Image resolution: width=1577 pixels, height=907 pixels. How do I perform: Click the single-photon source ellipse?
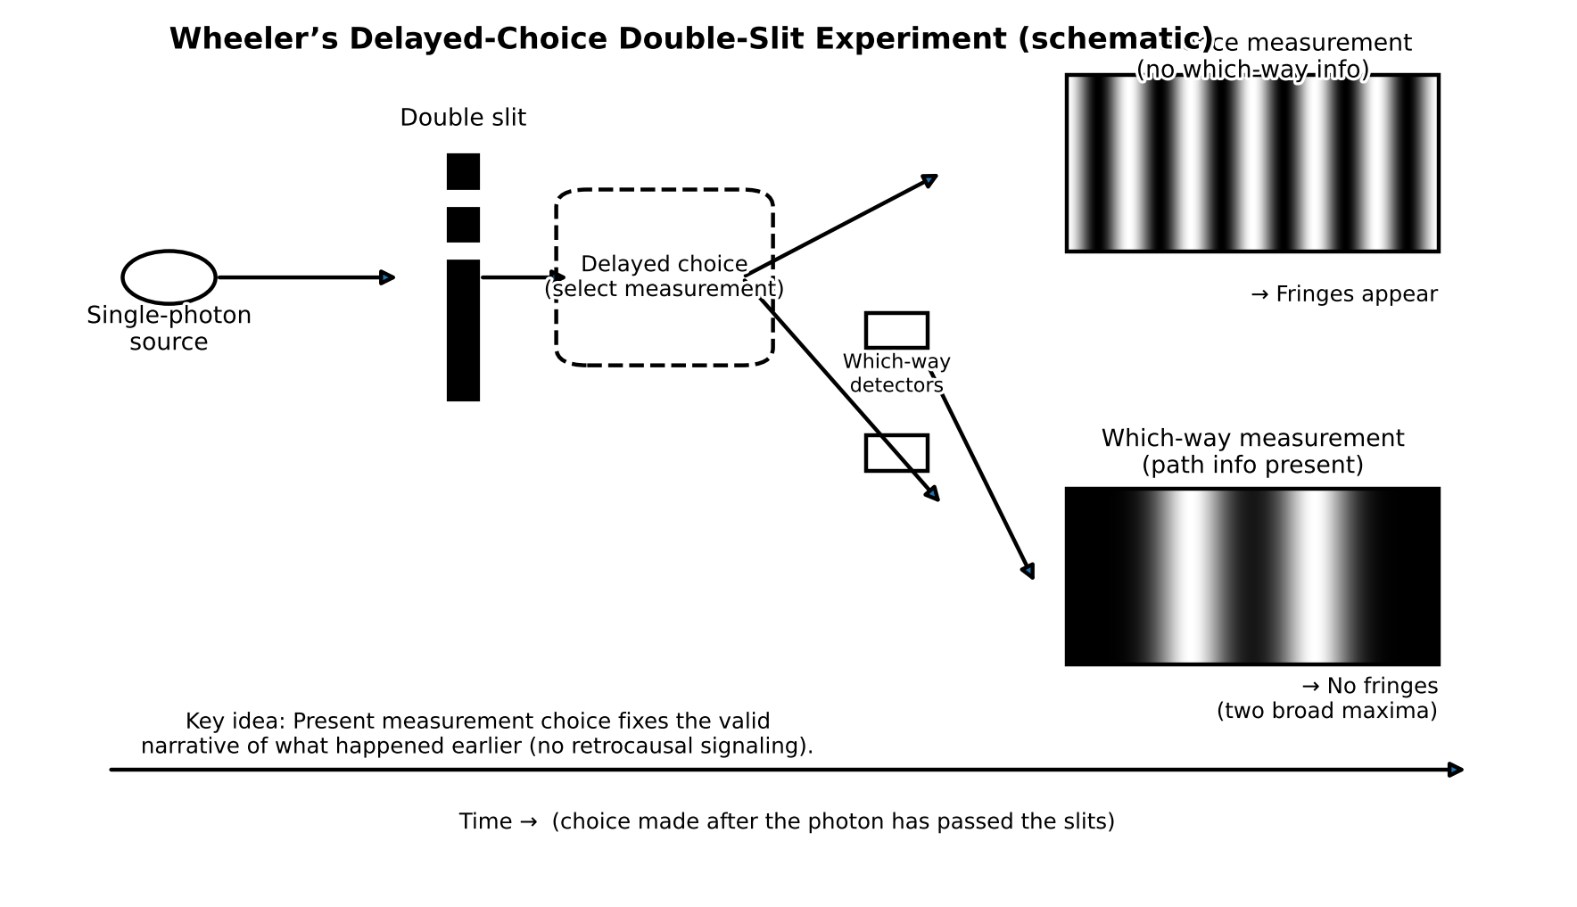pos(169,277)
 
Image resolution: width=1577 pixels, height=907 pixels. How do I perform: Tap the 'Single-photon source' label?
pos(169,328)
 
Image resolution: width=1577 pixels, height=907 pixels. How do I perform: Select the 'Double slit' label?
pos(463,118)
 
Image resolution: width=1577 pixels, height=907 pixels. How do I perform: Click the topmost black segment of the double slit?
pos(463,171)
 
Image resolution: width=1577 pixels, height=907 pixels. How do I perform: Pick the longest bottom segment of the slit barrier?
pos(463,330)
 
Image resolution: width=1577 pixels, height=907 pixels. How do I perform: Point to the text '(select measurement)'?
pos(664,289)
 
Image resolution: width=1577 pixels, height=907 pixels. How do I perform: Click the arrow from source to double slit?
pos(303,277)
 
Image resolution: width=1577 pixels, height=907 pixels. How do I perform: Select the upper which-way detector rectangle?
pos(896,330)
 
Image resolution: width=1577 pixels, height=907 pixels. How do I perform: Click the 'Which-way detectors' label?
pos(896,374)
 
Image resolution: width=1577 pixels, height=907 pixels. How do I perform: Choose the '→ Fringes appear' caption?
pos(1344,294)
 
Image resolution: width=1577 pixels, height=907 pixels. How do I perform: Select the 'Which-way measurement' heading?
pos(1252,439)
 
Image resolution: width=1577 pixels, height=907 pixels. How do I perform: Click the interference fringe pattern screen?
pos(1252,163)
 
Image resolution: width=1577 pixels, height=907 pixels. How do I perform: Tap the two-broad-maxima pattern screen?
pos(1252,576)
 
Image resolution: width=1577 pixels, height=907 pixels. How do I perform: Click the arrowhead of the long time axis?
pos(1456,770)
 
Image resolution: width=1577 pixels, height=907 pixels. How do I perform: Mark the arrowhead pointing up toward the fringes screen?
pos(929,180)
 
